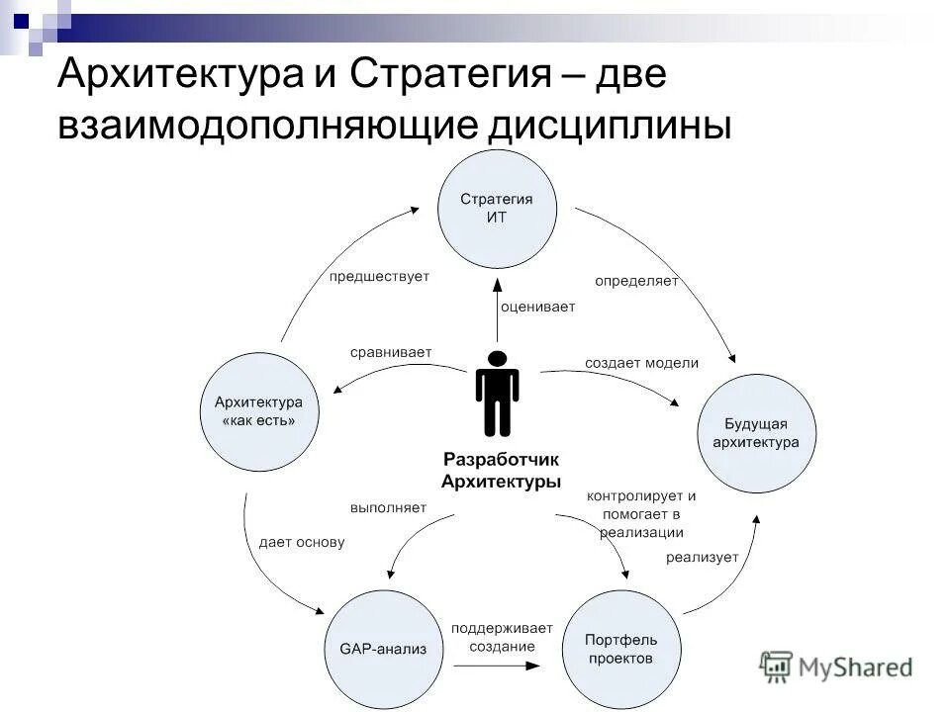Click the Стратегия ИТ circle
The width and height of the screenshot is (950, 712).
tap(497, 209)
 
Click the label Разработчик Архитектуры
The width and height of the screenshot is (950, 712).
tap(501, 471)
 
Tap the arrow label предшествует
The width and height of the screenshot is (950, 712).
tap(379, 276)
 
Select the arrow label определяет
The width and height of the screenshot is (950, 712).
tap(636, 281)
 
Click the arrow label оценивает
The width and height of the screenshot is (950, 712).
tap(537, 307)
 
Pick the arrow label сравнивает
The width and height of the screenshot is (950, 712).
tap(391, 352)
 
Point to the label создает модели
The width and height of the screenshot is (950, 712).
tap(641, 363)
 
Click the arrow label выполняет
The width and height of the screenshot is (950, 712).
tap(388, 507)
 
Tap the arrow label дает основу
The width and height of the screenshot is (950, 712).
tap(302, 542)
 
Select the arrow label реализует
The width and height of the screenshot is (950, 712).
tap(702, 557)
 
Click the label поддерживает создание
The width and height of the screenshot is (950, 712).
tap(494, 637)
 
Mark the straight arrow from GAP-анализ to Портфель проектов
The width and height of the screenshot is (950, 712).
tap(494, 666)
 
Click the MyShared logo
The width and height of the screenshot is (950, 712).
tap(836, 667)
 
